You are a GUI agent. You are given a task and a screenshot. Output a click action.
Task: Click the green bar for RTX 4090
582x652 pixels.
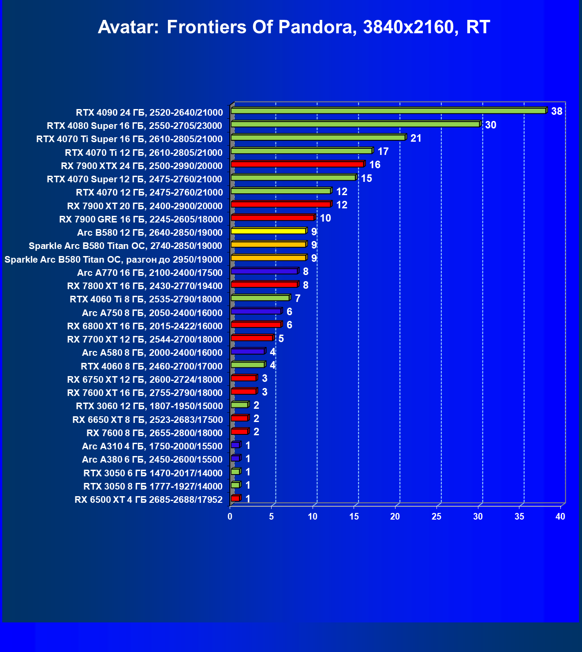388,111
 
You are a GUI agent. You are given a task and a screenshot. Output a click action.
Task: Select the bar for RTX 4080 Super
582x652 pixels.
355,124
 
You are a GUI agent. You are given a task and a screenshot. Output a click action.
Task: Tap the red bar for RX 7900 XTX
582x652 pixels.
297,165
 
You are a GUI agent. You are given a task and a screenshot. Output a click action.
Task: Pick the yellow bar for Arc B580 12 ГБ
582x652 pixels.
268,231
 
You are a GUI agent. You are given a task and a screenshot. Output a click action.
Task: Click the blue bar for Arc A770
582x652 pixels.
264,271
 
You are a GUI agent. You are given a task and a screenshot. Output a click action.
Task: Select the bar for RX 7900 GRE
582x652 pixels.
272,218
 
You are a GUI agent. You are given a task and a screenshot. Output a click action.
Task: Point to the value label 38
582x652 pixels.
556,111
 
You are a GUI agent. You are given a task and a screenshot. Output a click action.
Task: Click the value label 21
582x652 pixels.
416,139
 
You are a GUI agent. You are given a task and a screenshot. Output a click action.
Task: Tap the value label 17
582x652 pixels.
383,152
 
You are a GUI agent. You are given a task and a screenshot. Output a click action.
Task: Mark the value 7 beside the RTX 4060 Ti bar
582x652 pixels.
298,299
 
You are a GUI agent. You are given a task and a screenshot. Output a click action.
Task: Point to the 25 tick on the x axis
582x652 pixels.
436,516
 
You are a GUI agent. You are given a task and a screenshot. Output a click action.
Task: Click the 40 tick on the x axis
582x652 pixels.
560,516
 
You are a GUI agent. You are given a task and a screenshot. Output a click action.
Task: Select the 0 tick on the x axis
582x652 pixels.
230,516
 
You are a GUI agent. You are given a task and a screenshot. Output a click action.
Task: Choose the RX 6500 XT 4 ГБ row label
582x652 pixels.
149,500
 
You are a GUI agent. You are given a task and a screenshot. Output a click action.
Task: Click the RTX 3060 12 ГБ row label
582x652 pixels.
149,406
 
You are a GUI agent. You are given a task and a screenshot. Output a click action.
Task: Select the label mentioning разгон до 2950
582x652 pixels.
113,260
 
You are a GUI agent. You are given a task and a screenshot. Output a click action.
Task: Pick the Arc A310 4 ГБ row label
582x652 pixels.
152,446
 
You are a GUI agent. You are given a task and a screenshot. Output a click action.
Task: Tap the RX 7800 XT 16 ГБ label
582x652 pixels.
145,286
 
